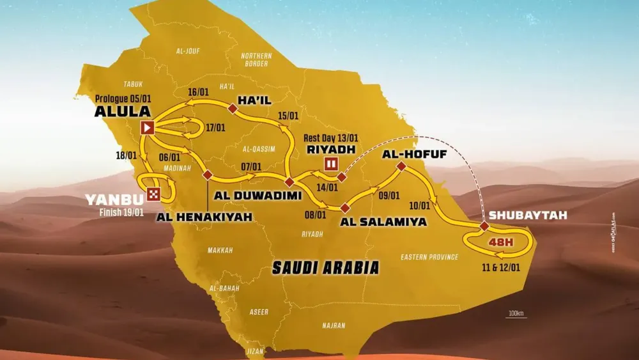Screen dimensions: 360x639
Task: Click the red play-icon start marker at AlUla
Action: point(147,128)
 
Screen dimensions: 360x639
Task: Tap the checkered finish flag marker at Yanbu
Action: point(153,194)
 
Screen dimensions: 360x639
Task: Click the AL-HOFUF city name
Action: point(407,154)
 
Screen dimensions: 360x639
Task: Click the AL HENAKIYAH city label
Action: point(205,217)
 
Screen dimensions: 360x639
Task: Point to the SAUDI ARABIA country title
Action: point(325,267)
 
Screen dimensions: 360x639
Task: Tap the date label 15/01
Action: point(288,116)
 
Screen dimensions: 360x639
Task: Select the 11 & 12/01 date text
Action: point(502,266)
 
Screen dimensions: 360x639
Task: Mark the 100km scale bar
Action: point(516,317)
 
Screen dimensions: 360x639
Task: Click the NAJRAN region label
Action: point(334,325)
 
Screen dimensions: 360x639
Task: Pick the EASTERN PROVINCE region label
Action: point(429,257)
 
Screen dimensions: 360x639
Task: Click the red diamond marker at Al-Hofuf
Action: point(401,167)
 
